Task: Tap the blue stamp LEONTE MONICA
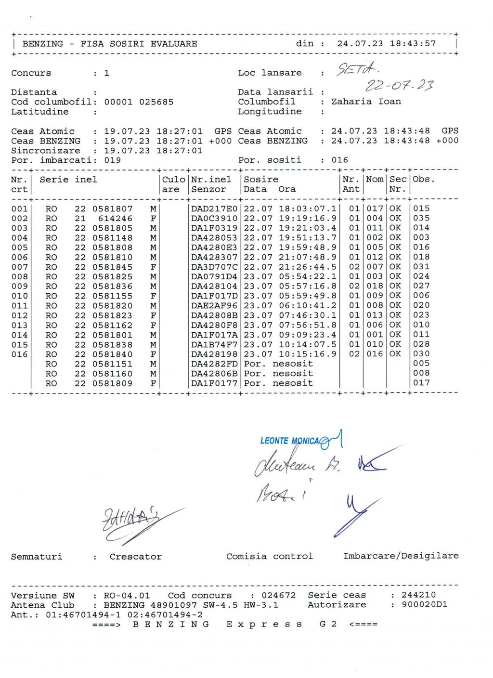(x=289, y=441)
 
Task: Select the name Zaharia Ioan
(x=366, y=102)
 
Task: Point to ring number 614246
(x=115, y=219)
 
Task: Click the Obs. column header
(x=424, y=180)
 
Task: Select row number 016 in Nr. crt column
(x=19, y=354)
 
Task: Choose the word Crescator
(x=135, y=557)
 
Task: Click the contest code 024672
(x=279, y=596)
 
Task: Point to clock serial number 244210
(x=418, y=596)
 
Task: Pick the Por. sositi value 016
(x=339, y=160)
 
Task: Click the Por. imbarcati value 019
(x=112, y=160)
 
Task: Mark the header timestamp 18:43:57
(x=413, y=44)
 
